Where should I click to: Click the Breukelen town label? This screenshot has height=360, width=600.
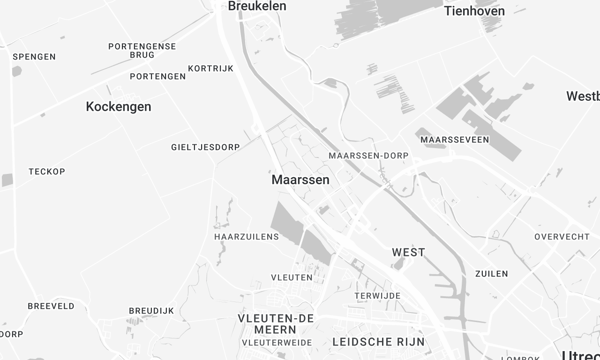click(x=257, y=6)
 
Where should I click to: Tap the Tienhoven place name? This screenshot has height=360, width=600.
click(x=473, y=11)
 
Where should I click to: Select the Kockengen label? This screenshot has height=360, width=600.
click(x=119, y=106)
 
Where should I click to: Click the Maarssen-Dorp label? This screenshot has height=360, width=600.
click(x=368, y=156)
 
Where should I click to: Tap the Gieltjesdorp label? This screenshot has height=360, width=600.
click(x=205, y=147)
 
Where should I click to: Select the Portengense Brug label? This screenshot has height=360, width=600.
click(x=142, y=51)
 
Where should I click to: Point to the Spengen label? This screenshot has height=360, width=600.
click(x=34, y=57)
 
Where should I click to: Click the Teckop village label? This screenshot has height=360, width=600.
click(x=47, y=172)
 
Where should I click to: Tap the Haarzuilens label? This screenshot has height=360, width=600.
click(x=245, y=237)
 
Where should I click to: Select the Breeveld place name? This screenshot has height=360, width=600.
click(x=51, y=306)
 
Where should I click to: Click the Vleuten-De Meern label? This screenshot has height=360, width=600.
click(x=275, y=324)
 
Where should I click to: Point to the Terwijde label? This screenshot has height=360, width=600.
click(x=377, y=296)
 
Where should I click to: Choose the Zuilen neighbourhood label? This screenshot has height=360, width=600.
click(x=492, y=274)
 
